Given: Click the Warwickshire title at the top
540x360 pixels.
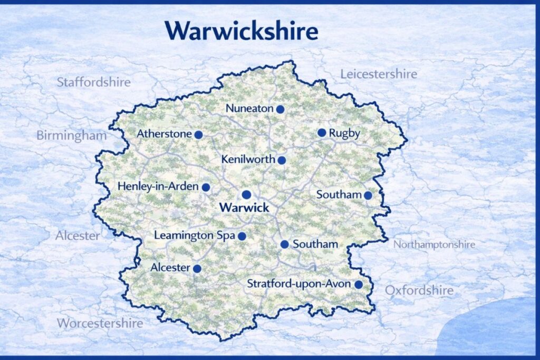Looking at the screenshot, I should pos(242,31).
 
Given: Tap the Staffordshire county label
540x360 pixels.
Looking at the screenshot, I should pos(93,82).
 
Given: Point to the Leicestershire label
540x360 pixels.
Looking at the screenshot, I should pos(378,74).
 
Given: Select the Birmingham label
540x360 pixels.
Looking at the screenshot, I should pos(71,135).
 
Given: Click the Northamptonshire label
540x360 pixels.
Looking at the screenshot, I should pos(434,245).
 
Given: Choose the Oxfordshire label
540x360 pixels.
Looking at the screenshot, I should pos(419,290).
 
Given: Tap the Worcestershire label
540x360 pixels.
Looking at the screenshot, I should pos(100,323).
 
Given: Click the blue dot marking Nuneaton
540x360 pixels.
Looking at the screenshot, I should pos(281,109).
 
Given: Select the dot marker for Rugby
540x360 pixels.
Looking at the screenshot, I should pos(322,133).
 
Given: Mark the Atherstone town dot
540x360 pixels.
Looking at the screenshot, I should pos(198,135).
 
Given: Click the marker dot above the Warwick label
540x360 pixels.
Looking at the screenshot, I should pos(246,194).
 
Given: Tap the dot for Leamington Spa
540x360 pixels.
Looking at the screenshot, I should pos(242,236).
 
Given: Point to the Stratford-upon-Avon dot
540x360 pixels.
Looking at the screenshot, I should pos(359,285).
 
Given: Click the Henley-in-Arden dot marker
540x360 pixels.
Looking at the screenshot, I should pos(206,187).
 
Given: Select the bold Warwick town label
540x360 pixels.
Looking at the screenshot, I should pos(244,208).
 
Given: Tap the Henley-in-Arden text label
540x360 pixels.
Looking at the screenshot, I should pos(158,187).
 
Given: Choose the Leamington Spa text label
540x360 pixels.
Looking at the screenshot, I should pos(195,236).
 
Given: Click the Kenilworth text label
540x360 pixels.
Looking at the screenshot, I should pos(248,159).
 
